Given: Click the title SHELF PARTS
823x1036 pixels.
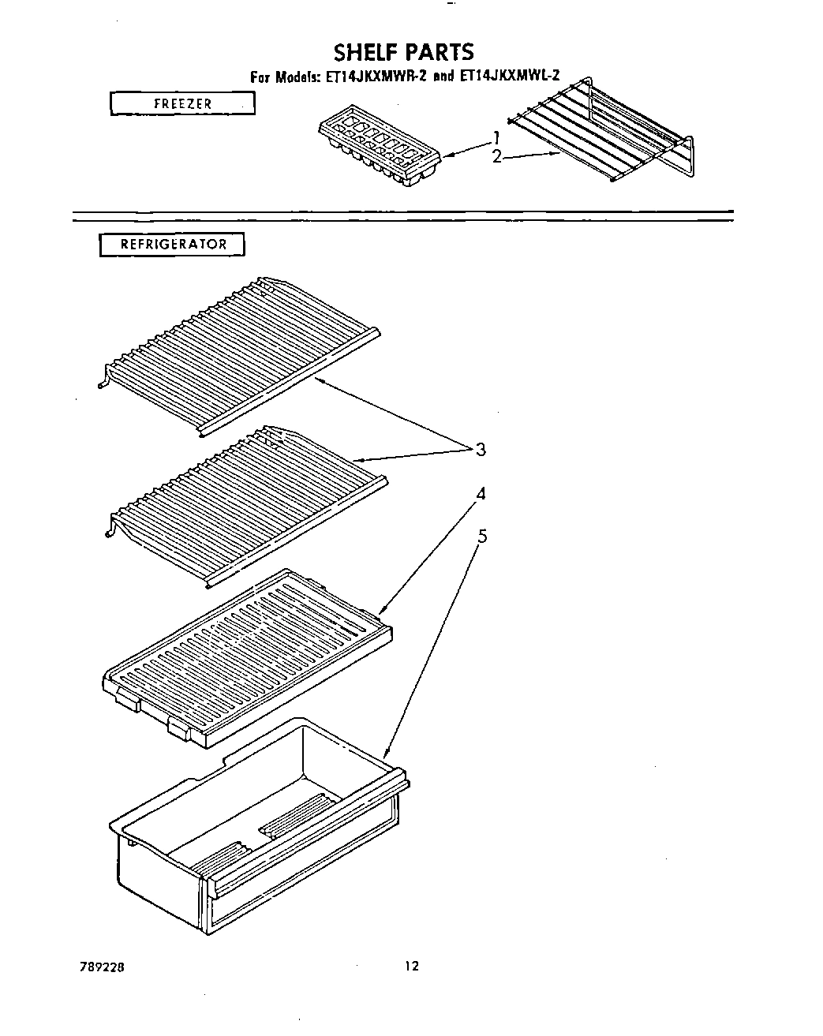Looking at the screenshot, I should coord(403,52).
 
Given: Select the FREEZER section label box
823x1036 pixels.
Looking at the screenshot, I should coord(182,103).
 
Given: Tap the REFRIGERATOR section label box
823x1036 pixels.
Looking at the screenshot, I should coord(172,245).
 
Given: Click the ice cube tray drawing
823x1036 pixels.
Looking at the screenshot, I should coord(381,147).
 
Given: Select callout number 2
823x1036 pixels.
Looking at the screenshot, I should coord(497,157).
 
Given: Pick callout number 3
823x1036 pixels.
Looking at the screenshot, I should coord(480,450).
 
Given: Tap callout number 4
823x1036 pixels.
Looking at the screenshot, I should coord(480,495).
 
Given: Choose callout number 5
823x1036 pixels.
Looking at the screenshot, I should coord(482,537).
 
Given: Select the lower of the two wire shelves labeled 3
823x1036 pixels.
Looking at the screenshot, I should coord(245,502).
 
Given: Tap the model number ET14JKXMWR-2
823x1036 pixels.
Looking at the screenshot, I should coord(375,77).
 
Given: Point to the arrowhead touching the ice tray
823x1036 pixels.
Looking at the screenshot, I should coord(448,157).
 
